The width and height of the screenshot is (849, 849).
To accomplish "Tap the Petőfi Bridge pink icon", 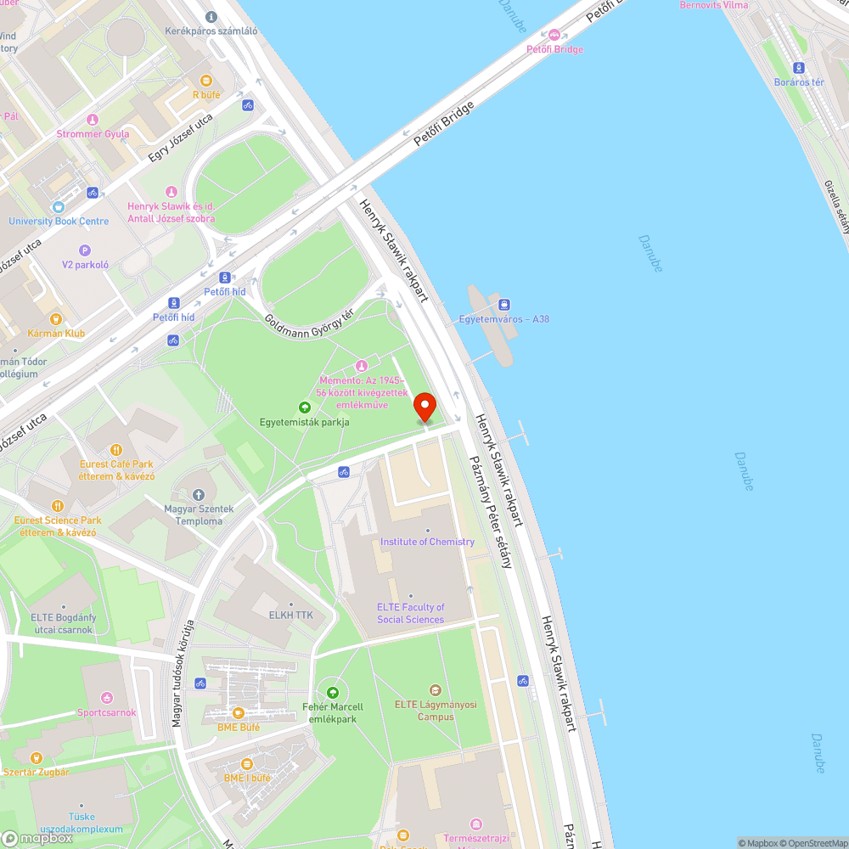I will click(x=554, y=34).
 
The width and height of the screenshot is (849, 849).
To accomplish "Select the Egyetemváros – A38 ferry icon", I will click(x=504, y=304).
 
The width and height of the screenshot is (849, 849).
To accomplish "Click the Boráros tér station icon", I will click(x=798, y=68).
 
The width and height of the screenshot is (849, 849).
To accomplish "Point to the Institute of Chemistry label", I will click(x=427, y=542).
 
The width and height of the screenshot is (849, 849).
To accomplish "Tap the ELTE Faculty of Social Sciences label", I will click(x=411, y=613).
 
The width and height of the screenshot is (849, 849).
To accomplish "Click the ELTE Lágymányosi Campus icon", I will click(x=436, y=689).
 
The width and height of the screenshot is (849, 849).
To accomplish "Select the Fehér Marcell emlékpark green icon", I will click(x=333, y=692).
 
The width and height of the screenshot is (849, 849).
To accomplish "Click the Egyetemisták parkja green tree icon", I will click(x=305, y=408).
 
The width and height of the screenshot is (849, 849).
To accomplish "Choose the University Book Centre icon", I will click(x=59, y=206).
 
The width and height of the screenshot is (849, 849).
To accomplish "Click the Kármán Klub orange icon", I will click(x=56, y=319).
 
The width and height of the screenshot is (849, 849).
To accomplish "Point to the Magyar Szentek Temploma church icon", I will click(x=199, y=494).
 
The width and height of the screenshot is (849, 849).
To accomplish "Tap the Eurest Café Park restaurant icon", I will click(x=118, y=449).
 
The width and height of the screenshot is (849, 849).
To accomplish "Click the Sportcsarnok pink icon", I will click(x=107, y=697).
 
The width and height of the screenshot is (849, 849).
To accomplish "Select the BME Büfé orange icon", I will click(x=238, y=713).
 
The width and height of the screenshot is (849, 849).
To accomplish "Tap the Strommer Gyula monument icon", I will click(x=93, y=119).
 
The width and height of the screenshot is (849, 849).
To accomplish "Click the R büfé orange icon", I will click(x=206, y=80).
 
